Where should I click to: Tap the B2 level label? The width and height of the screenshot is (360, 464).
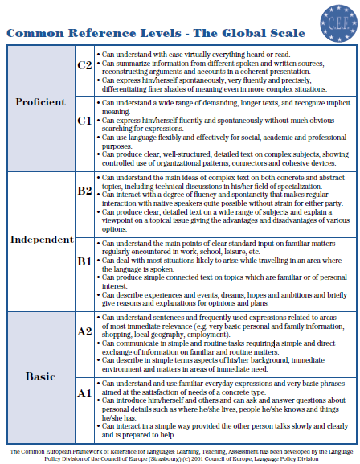[84, 191]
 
